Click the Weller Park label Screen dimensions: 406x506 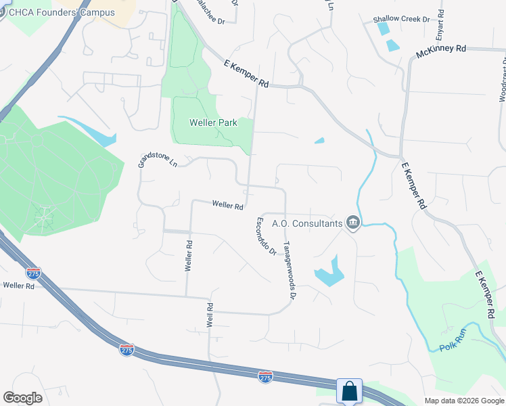click(212, 123)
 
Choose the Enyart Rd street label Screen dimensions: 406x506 click(440, 22)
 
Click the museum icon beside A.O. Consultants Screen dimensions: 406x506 click(352, 222)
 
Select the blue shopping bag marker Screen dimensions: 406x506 click(349, 391)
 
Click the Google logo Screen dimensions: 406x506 click(22, 398)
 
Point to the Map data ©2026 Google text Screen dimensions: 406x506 click(463, 401)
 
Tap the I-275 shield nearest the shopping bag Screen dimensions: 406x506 click(266, 375)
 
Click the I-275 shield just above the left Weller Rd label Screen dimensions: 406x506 click(33, 273)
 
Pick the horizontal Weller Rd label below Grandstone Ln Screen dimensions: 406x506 click(227, 206)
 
